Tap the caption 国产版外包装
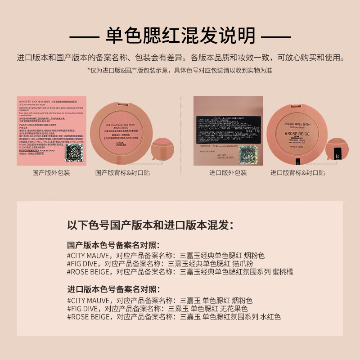tap(51, 172)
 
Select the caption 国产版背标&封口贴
tap(123, 172)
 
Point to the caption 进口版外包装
tap(228, 172)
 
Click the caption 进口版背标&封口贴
tap(297, 172)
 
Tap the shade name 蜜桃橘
tap(284, 271)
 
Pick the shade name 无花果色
tap(233, 308)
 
